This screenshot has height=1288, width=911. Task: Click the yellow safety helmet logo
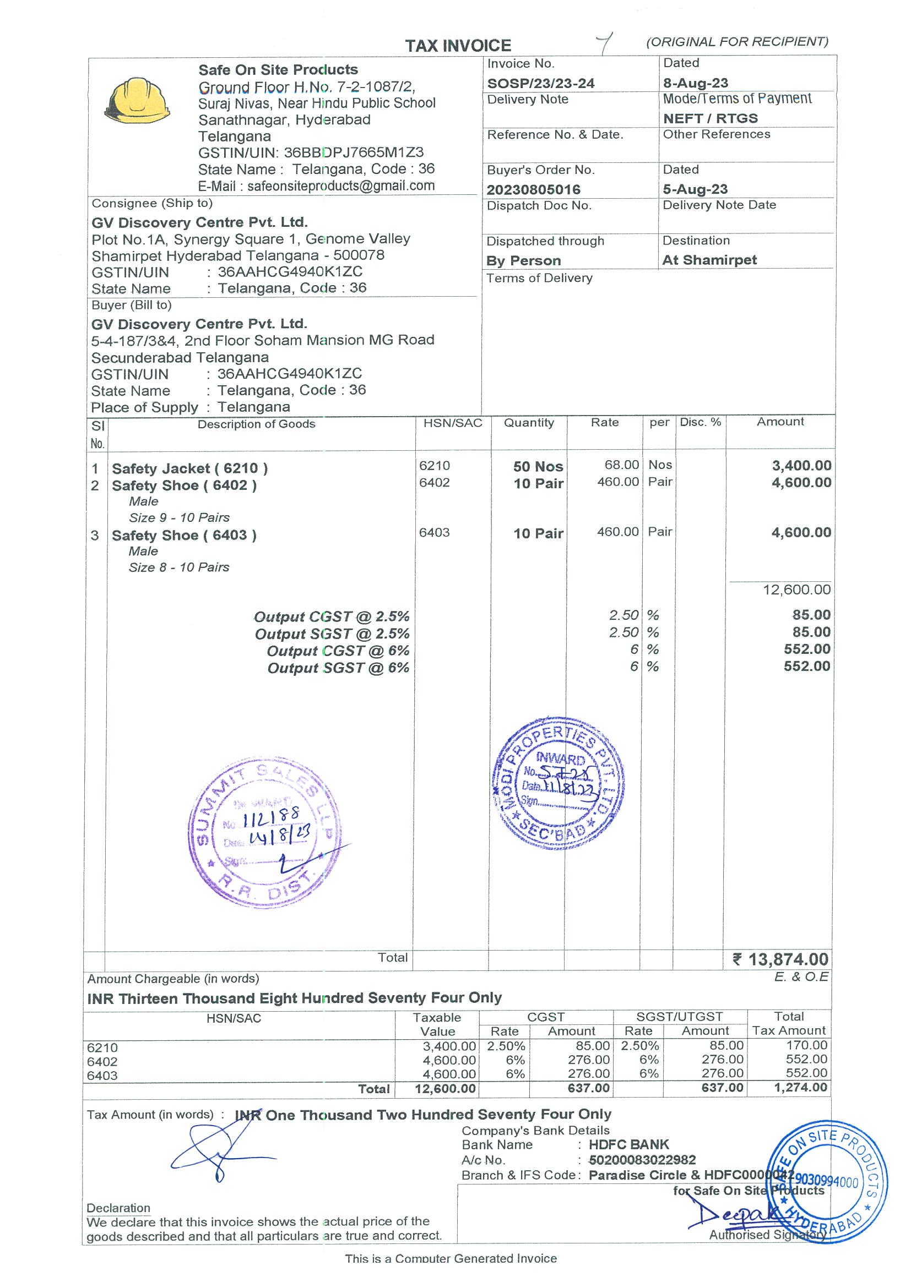click(137, 100)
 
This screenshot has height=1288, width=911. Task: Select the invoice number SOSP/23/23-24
click(540, 84)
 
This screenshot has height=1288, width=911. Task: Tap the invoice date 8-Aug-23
click(695, 83)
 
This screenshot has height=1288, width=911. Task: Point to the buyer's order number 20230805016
click(533, 189)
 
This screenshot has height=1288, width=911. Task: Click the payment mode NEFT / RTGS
click(710, 118)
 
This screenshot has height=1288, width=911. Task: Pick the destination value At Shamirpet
click(709, 260)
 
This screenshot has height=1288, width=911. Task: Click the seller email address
click(341, 185)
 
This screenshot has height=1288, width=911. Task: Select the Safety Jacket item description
click(189, 468)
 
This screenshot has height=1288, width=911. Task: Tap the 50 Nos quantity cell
click(537, 467)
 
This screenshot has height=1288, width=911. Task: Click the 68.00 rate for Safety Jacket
click(621, 465)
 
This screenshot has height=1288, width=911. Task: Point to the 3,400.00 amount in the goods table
click(801, 466)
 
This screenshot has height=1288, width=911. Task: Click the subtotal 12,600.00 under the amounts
click(796, 590)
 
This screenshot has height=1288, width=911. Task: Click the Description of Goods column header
click(256, 424)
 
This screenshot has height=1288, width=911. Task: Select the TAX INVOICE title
click(458, 46)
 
